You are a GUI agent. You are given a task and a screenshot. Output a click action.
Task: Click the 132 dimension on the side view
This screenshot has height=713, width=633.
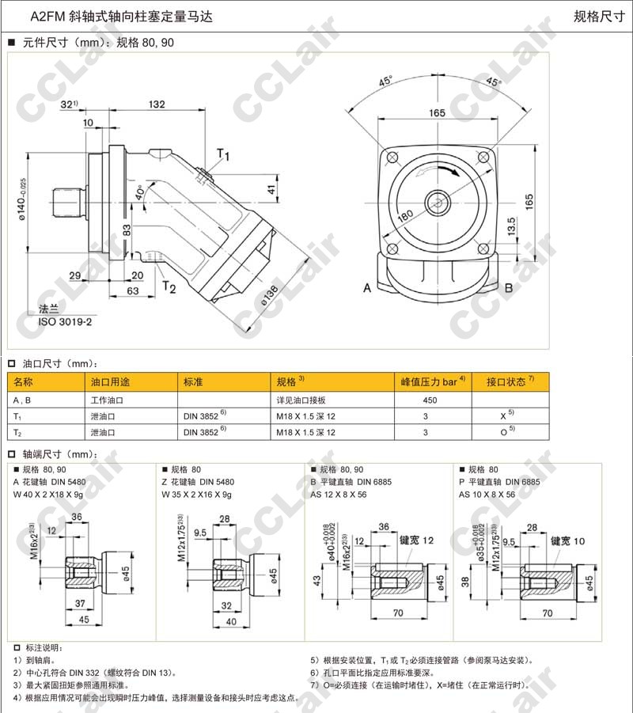coord(157,104)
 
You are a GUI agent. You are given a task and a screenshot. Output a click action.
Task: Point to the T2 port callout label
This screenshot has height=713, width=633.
coord(169,286)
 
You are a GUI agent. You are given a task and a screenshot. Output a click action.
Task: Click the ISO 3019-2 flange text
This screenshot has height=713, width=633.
coord(65,322)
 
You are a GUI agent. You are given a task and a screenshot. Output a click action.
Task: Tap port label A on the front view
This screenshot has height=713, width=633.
coord(366,288)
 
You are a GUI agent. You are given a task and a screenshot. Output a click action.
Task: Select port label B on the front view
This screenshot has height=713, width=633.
coord(509,288)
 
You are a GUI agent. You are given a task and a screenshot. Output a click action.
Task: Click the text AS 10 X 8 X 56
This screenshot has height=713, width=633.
coord(487,494)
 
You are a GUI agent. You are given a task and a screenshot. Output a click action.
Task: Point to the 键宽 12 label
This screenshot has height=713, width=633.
coord(417,540)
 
